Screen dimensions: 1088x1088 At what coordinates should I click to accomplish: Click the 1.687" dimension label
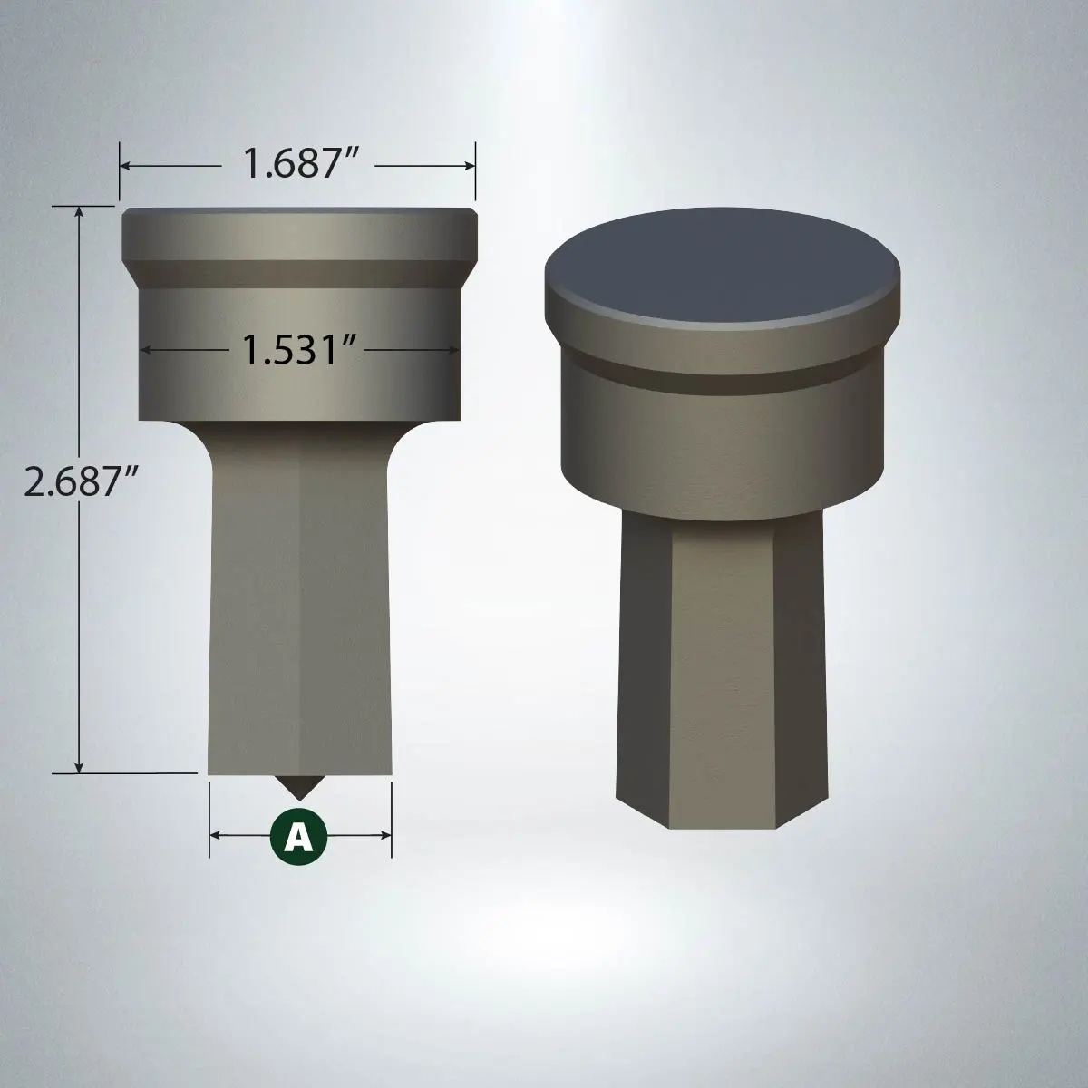pyautogui.click(x=301, y=164)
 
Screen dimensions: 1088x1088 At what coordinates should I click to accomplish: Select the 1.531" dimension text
pyautogui.click(x=299, y=349)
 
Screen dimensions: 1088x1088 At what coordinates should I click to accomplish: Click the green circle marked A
pyautogui.click(x=298, y=835)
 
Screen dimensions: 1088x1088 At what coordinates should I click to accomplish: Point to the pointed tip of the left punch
pyautogui.click(x=298, y=800)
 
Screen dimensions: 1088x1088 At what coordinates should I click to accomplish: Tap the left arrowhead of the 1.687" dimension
pyautogui.click(x=125, y=165)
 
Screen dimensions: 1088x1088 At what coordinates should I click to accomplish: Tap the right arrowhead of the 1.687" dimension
pyautogui.click(x=469, y=165)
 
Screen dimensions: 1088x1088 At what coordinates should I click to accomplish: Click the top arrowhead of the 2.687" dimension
pyautogui.click(x=79, y=212)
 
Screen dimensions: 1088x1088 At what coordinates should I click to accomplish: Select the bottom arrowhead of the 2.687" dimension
pyautogui.click(x=79, y=767)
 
